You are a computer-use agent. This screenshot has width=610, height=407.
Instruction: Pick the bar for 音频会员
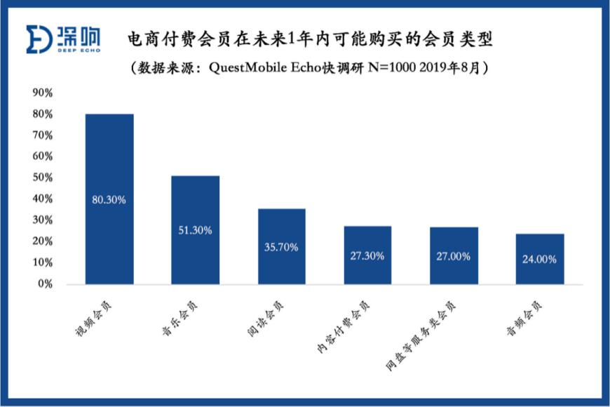pos(540,259)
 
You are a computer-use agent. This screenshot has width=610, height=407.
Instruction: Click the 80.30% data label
pos(109,200)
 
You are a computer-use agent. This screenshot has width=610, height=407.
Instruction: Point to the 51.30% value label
pos(195,230)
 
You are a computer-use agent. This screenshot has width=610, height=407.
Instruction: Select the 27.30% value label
pos(367,256)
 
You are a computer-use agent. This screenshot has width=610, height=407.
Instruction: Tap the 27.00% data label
pos(454,257)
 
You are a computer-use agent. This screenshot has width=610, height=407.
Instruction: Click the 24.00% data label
pos(540,259)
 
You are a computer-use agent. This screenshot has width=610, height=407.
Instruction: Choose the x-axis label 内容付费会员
pos(349,323)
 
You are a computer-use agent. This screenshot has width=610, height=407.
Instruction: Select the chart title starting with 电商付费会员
pos(309,39)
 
